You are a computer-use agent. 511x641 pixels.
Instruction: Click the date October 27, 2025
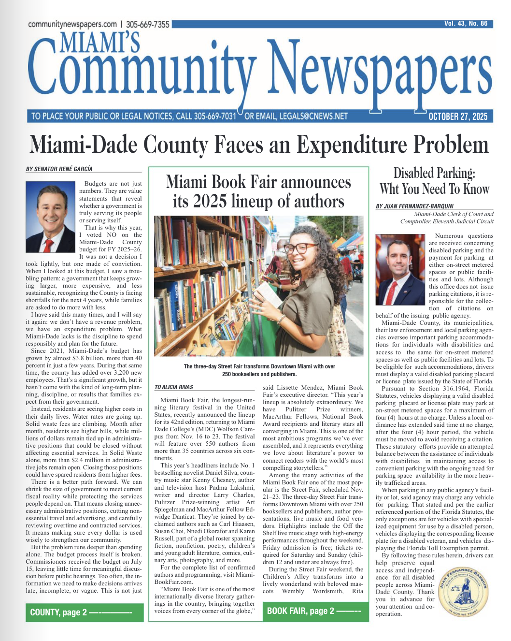coord(458,117)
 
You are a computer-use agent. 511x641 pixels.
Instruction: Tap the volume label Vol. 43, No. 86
coord(466,24)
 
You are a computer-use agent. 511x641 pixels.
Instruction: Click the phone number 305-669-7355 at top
coord(148,24)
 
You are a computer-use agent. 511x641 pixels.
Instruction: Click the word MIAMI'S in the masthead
coord(100,43)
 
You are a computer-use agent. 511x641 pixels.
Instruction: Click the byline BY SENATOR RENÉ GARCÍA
coord(59,169)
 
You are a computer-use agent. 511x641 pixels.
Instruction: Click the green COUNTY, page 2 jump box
coord(85,612)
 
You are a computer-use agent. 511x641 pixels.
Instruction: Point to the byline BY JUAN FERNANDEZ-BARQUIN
coord(415,206)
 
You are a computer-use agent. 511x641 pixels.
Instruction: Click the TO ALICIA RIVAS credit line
coord(174,387)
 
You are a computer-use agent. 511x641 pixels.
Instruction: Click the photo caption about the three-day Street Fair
coord(259,370)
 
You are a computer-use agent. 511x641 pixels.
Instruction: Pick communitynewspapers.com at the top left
coord(72,24)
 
